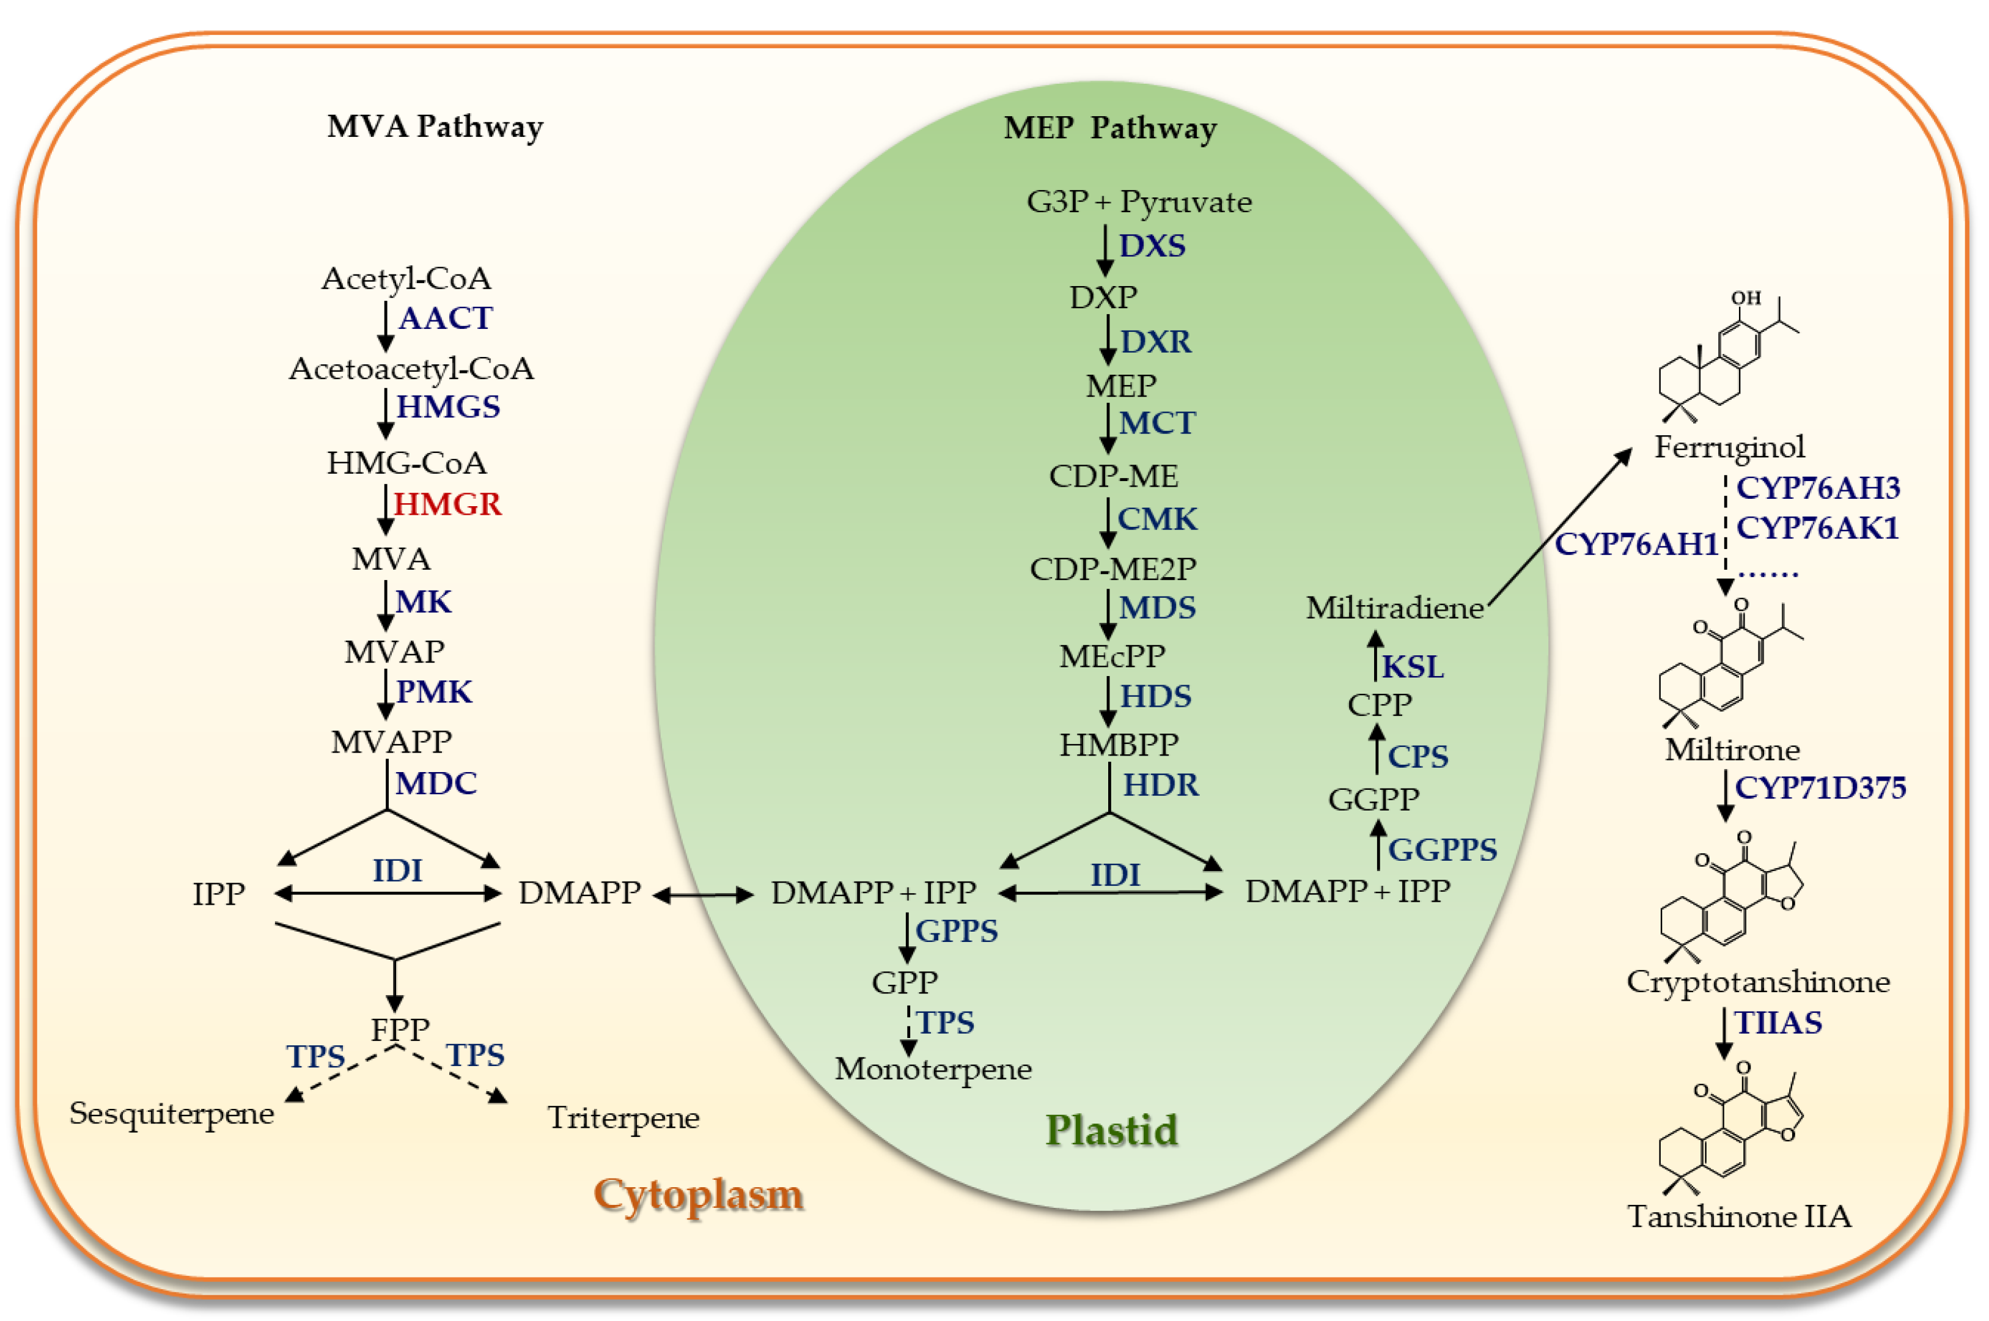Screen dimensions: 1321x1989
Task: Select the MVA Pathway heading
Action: click(x=435, y=127)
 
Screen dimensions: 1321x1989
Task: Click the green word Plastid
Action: click(x=1111, y=1130)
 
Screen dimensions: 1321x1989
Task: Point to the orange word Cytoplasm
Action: click(x=699, y=1194)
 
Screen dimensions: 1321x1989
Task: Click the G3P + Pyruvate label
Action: click(x=1139, y=202)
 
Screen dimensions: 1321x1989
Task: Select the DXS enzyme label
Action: click(x=1152, y=246)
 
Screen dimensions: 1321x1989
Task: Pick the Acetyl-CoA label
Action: click(x=406, y=278)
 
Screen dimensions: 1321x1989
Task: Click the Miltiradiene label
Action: click(x=1394, y=608)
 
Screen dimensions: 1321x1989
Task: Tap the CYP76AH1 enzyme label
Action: click(x=1635, y=544)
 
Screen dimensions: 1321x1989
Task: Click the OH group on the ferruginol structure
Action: click(x=1746, y=298)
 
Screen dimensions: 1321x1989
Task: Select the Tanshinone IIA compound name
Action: click(x=1739, y=1216)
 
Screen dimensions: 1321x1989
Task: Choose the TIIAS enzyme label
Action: click(x=1778, y=1023)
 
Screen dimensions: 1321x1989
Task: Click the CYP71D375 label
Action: click(x=1820, y=788)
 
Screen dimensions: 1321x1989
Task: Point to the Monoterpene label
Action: click(x=933, y=1069)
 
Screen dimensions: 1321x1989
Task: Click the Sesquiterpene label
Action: click(x=172, y=1113)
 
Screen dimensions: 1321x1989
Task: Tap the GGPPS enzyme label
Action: click(x=1443, y=849)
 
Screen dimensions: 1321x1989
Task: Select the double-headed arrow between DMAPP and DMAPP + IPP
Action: click(x=702, y=896)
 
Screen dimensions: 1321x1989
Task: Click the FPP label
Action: click(x=400, y=1029)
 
